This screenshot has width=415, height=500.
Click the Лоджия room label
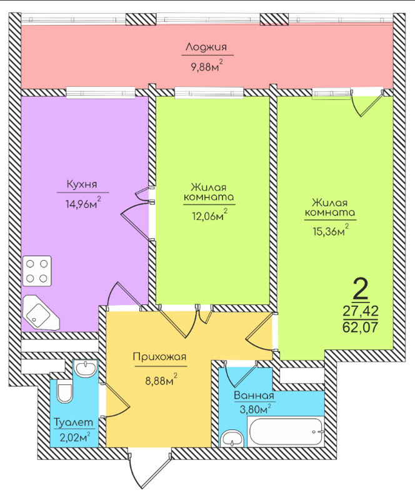pyautogui.click(x=206, y=47)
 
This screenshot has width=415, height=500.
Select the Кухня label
pyautogui.click(x=82, y=185)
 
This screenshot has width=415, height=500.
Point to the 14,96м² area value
pyautogui.click(x=82, y=202)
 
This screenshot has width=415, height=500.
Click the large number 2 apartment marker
pyautogui.click(x=361, y=289)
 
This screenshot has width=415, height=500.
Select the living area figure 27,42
pyautogui.click(x=361, y=311)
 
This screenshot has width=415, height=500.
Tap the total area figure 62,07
pyautogui.click(x=361, y=326)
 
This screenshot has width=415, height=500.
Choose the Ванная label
pyautogui.click(x=254, y=396)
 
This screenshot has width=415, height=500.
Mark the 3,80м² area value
pyautogui.click(x=254, y=411)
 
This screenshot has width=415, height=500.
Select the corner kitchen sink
pyautogui.click(x=39, y=313)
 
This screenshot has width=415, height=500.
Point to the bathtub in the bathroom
pyautogui.click(x=285, y=432)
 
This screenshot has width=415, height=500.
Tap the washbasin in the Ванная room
pyautogui.click(x=232, y=437)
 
